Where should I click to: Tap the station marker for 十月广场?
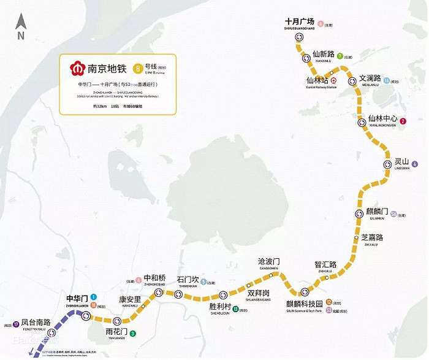point(299,36)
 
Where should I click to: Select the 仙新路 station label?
point(324,54)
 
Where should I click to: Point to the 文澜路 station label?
point(370,79)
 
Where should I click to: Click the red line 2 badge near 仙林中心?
point(403,121)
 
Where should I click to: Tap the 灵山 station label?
point(401,162)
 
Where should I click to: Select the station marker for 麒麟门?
point(360,213)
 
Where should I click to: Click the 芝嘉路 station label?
point(372,237)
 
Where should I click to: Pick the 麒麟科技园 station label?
point(304,304)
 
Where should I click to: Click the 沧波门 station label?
point(269,261)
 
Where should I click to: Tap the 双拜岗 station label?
point(259,293)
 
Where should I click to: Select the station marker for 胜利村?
point(223,294)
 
